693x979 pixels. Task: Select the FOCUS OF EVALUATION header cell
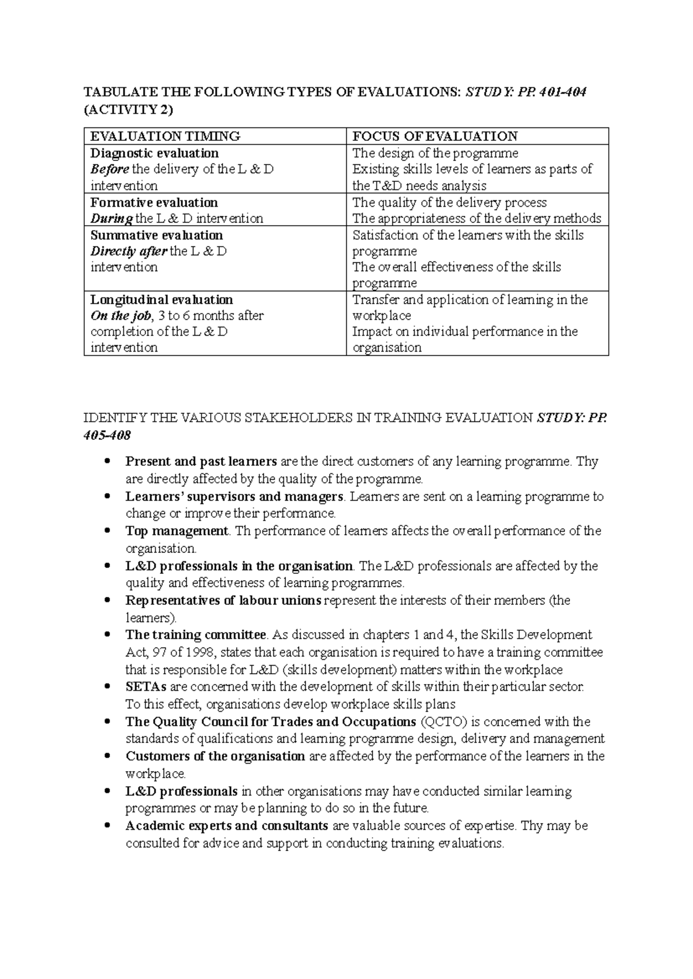click(x=435, y=137)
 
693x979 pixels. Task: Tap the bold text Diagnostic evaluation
click(x=155, y=154)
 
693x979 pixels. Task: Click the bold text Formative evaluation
click(x=154, y=203)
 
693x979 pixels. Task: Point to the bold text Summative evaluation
click(x=157, y=236)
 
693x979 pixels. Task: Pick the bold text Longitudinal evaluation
click(x=162, y=300)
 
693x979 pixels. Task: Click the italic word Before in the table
click(x=110, y=170)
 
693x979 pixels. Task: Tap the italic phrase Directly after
click(x=129, y=252)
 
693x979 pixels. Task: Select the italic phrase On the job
click(x=121, y=316)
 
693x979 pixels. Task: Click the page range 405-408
click(x=107, y=435)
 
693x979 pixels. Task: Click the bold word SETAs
click(x=146, y=687)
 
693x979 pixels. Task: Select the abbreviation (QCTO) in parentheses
click(x=442, y=722)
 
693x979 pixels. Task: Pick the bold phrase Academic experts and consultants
click(x=227, y=826)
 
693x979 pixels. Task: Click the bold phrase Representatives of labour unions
click(x=223, y=601)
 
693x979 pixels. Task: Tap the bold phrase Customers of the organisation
click(x=215, y=757)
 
